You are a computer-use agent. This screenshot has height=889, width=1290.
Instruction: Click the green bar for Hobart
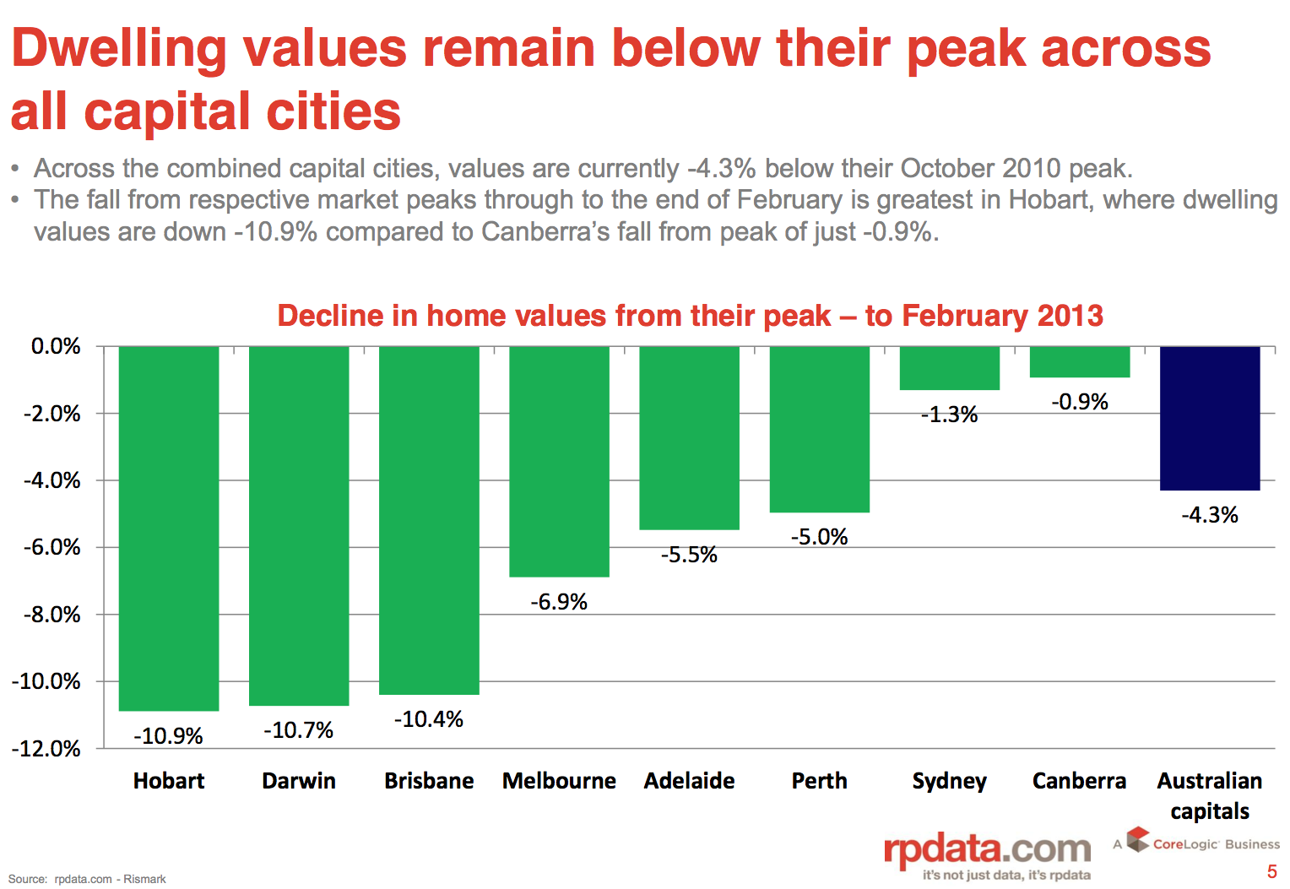169,528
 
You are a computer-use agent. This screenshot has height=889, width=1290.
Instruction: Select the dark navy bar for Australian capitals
1210,418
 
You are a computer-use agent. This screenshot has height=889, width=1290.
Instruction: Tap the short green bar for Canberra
1080,362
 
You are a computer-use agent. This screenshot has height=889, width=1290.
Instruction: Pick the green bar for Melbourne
559,461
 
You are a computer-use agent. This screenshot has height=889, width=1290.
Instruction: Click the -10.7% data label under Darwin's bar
299,730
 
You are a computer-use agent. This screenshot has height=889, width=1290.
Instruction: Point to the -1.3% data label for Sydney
950,415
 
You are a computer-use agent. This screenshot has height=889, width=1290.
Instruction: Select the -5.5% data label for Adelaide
689,555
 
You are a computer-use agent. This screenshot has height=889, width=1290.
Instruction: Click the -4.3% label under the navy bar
1210,515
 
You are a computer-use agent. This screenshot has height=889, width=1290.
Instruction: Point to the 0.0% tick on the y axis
56,346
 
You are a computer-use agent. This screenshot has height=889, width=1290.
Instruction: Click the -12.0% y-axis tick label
46,749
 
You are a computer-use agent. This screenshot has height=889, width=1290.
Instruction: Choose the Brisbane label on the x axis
429,781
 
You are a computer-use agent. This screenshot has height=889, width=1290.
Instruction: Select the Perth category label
819,781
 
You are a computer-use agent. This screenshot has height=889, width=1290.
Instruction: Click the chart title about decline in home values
690,316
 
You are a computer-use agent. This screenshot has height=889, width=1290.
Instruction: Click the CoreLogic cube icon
1138,839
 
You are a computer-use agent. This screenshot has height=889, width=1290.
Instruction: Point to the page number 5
1271,872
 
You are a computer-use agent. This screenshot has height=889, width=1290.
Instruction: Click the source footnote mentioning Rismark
87,879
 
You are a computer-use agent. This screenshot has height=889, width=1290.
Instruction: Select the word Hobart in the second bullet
1049,200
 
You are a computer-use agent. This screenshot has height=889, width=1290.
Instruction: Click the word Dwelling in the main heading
119,49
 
